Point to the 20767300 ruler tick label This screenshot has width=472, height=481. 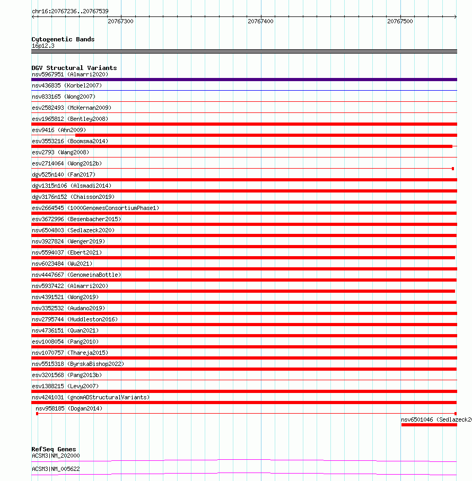(x=120, y=21)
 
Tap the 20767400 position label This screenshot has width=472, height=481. (x=260, y=21)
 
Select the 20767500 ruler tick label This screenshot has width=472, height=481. (x=400, y=21)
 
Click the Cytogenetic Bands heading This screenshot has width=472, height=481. (x=63, y=39)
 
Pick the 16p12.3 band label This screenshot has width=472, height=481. (x=43, y=46)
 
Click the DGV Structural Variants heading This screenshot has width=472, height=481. (x=74, y=68)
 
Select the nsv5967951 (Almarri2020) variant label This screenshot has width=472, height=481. (x=62, y=74)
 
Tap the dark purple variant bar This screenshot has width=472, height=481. (x=244, y=80)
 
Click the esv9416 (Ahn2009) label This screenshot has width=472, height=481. (x=58, y=130)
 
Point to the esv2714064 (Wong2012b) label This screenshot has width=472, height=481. (x=66, y=163)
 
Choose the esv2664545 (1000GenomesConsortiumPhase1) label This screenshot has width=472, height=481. (x=95, y=208)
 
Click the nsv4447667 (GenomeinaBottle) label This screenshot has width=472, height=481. (x=76, y=275)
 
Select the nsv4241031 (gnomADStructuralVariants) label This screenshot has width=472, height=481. (x=91, y=397)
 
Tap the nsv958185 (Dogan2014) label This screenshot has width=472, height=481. (x=69, y=408)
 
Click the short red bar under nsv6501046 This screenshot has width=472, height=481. (x=429, y=425)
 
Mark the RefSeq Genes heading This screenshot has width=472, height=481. (x=54, y=449)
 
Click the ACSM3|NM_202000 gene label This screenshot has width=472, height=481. (x=56, y=456)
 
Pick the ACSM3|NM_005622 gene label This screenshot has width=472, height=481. (x=56, y=469)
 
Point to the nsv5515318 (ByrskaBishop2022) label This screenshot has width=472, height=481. (x=78, y=364)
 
